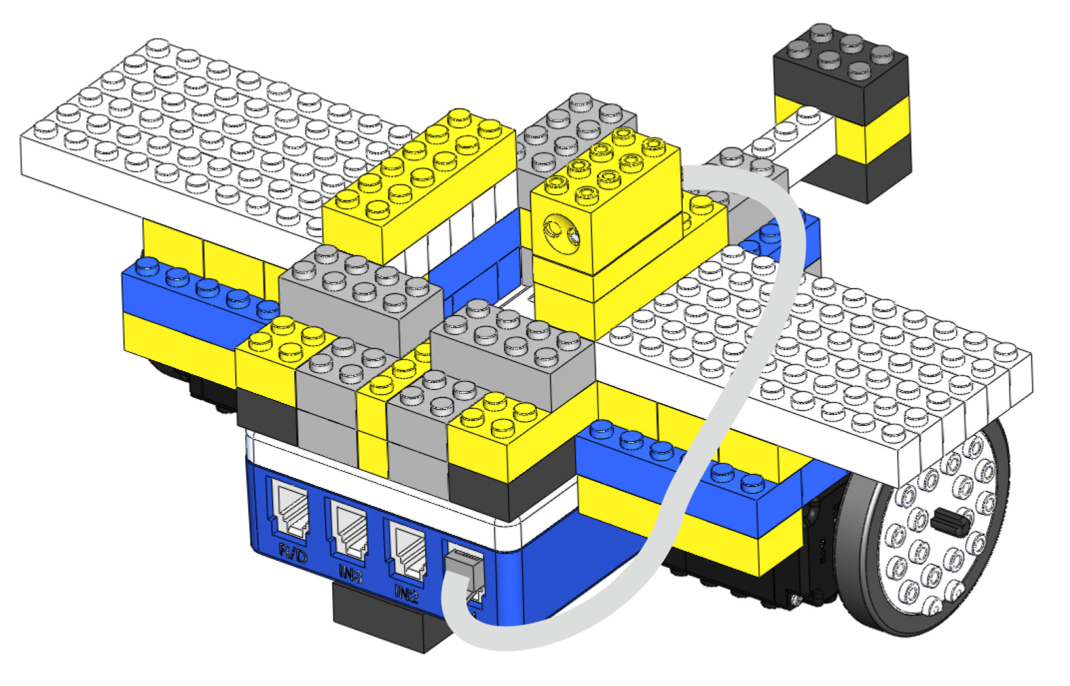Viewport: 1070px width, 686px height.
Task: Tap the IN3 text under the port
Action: pos(350,575)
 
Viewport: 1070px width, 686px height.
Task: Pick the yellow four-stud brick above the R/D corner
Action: pos(268,360)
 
